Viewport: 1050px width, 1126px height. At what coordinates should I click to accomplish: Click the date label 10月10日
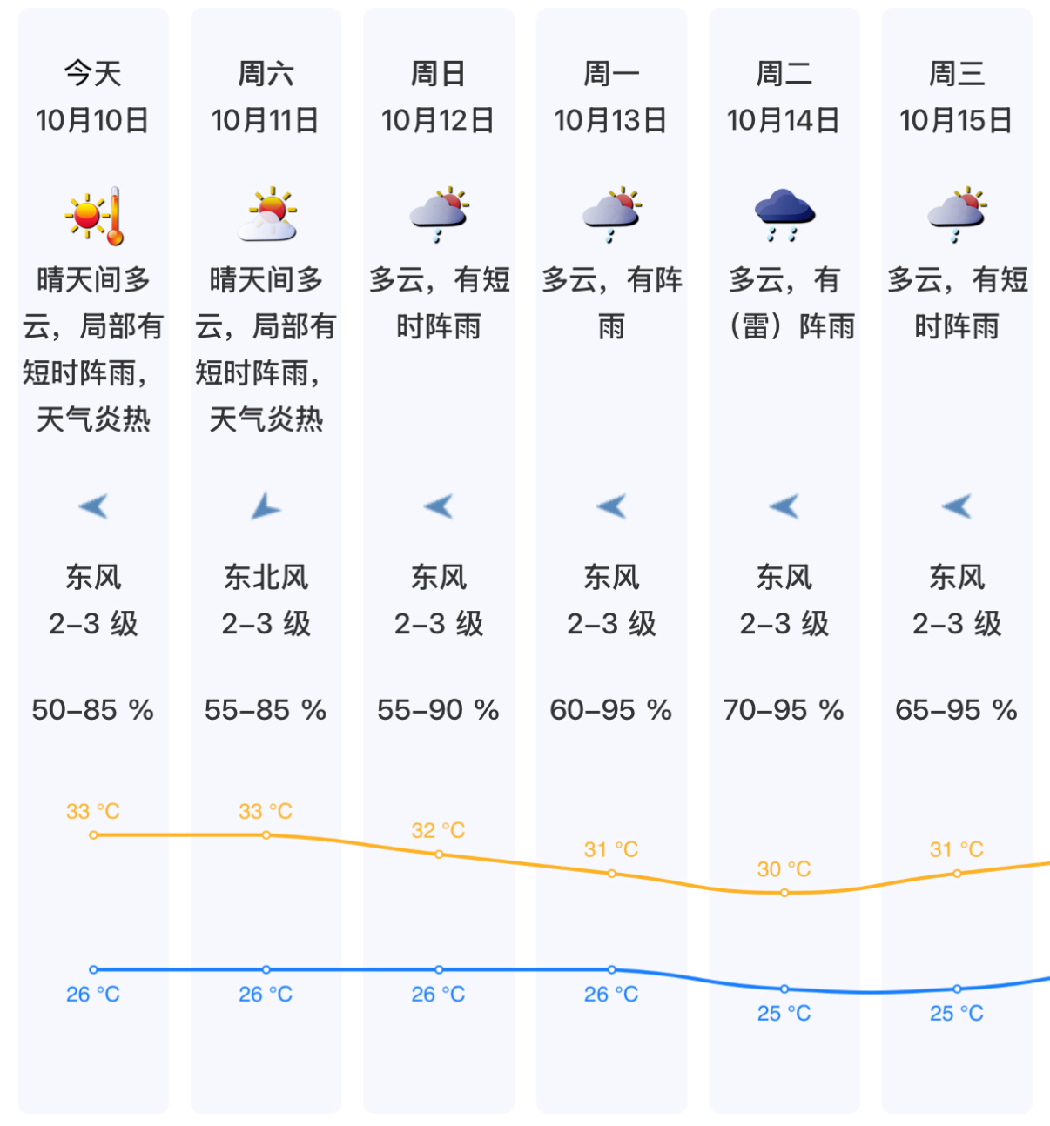pos(92,120)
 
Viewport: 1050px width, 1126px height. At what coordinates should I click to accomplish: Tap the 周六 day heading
pos(266,74)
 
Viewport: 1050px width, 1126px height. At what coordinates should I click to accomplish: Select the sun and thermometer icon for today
pos(94,215)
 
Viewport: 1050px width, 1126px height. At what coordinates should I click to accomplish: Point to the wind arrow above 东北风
pos(265,506)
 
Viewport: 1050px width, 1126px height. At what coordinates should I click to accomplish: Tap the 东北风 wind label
pos(266,577)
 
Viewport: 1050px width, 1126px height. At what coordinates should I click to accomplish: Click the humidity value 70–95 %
pos(784,710)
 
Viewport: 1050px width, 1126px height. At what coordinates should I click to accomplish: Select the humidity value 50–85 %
pos(92,710)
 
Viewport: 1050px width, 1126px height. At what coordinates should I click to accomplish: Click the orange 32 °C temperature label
pos(438,830)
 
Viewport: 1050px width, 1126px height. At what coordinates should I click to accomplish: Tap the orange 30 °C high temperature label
pos(784,868)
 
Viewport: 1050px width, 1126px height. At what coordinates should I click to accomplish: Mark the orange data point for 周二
pos(784,893)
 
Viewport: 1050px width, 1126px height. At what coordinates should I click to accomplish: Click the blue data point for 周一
pos(611,969)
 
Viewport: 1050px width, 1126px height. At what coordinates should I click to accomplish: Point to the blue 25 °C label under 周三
pos(956,1013)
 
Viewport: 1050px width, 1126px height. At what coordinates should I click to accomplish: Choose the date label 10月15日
pos(956,120)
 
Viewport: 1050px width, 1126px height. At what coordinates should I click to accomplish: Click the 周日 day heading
pos(438,74)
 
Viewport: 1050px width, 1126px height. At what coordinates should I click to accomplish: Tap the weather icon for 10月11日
pos(267,214)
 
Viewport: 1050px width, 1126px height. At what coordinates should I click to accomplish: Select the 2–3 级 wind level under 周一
pos(611,624)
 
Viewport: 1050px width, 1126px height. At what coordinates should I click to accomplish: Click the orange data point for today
pos(93,835)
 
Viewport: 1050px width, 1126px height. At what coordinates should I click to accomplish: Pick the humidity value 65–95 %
pos(956,710)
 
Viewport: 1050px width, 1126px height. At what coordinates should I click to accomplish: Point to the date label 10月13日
pos(610,120)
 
